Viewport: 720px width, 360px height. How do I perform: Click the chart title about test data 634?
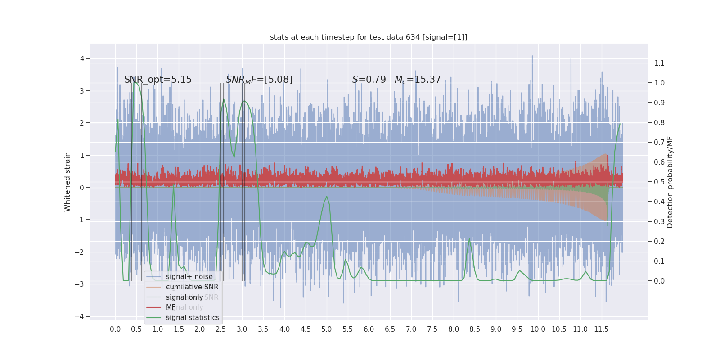pos(369,37)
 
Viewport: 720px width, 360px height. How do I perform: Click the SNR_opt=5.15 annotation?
pos(158,80)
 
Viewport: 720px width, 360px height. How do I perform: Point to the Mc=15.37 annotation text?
pos(418,80)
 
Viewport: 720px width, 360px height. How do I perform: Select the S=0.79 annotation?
pos(369,80)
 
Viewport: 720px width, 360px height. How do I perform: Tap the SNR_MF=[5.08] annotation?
pos(259,80)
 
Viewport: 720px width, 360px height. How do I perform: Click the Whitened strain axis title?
pos(67,182)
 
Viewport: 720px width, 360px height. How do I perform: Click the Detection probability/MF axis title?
pos(670,182)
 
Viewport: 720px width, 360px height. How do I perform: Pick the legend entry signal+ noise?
pos(189,277)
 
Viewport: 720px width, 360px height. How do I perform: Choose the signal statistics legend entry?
pos(193,318)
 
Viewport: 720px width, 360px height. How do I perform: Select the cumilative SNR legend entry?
pos(192,287)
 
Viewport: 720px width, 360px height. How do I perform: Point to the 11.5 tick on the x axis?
pos(601,329)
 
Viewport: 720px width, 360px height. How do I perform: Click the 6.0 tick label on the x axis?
pos(369,329)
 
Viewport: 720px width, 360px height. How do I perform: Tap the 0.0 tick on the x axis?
pos(115,329)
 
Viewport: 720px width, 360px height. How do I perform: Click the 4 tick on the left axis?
pos(82,58)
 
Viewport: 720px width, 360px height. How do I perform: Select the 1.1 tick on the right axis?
pos(659,63)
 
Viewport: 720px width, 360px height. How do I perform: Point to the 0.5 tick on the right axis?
pos(659,182)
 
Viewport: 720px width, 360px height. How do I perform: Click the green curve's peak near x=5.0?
pos(327,196)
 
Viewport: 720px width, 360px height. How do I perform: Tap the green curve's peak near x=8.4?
pos(469,238)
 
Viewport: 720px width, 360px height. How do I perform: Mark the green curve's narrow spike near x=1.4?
pos(174,184)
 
